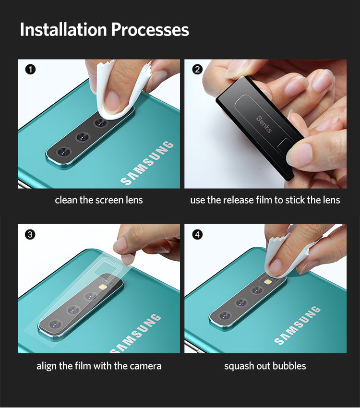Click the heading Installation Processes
[104, 30]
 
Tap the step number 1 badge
[30, 70]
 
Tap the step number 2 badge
[197, 70]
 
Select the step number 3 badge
[30, 235]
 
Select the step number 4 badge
[197, 235]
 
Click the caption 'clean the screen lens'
[99, 200]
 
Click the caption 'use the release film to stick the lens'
[265, 200]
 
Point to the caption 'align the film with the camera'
[99, 366]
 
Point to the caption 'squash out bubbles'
[265, 366]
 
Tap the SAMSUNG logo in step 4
[298, 326]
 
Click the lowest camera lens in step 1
[63, 152]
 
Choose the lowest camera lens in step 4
[225, 316]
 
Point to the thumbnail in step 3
[123, 245]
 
